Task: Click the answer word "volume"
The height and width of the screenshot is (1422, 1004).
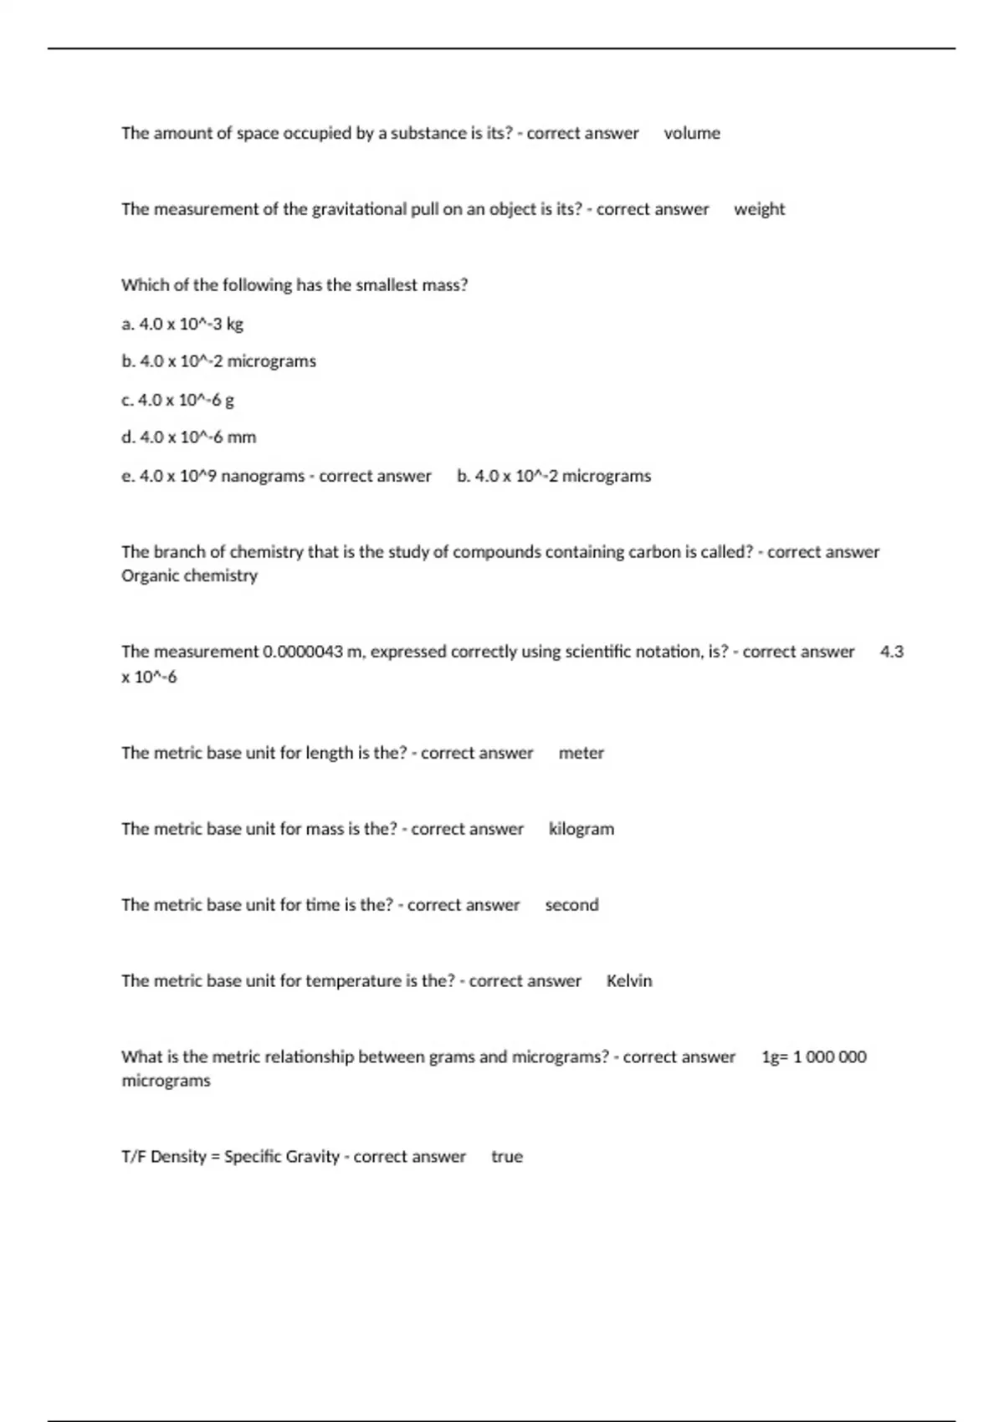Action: tap(692, 133)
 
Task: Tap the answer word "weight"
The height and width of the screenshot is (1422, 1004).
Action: tap(759, 209)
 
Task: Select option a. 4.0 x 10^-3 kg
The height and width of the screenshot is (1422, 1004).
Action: tap(182, 324)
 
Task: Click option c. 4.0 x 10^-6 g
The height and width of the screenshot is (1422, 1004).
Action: tap(177, 400)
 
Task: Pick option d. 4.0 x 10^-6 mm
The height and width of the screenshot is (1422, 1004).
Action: tap(189, 437)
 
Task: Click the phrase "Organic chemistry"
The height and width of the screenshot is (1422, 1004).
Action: tap(189, 575)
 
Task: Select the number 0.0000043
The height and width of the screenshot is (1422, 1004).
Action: tap(303, 652)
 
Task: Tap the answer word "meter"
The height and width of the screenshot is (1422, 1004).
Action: tap(581, 753)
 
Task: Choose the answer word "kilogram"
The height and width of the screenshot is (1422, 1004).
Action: tap(581, 829)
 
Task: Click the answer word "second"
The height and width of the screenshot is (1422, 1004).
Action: tap(571, 905)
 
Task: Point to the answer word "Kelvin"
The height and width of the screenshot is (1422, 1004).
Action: tap(628, 981)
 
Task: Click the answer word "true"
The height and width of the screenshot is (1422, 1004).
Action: tap(506, 1157)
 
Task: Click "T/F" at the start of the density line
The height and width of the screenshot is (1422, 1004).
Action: tap(134, 1157)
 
